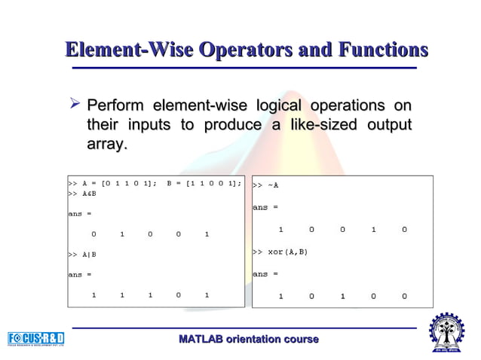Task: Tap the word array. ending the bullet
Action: [x=107, y=143]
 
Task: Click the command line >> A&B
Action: [x=82, y=194]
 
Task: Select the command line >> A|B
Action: [x=82, y=255]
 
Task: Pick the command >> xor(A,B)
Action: [x=280, y=251]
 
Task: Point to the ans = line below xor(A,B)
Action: [x=265, y=273]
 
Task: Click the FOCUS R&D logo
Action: [x=35, y=338]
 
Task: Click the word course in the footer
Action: [x=302, y=340]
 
